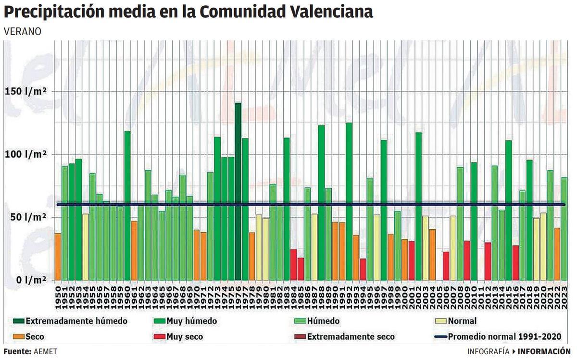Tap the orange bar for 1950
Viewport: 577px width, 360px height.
[x=58, y=257]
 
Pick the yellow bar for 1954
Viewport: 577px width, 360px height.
[x=86, y=247]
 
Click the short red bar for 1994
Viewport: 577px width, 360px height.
[x=363, y=269]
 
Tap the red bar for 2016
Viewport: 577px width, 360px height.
[x=516, y=262]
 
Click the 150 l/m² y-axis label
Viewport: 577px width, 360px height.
[x=26, y=91]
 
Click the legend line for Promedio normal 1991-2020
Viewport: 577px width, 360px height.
[x=440, y=336]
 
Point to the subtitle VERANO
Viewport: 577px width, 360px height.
[x=23, y=31]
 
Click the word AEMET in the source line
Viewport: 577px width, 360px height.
[x=45, y=351]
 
